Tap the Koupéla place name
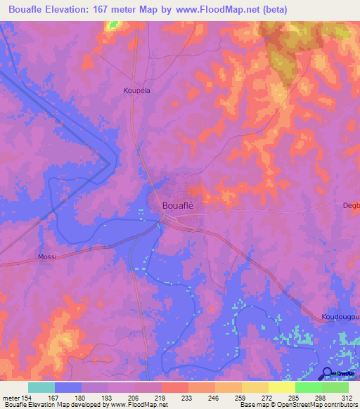[x=137, y=91]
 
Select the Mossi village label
[x=48, y=257]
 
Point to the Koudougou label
[x=340, y=317]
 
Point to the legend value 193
[x=107, y=398]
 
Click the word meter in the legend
[x=11, y=398]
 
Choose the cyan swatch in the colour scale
[x=41, y=387]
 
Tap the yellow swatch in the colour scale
[x=282, y=387]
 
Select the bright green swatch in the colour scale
[x=309, y=387]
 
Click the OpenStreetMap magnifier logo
[x=328, y=373]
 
